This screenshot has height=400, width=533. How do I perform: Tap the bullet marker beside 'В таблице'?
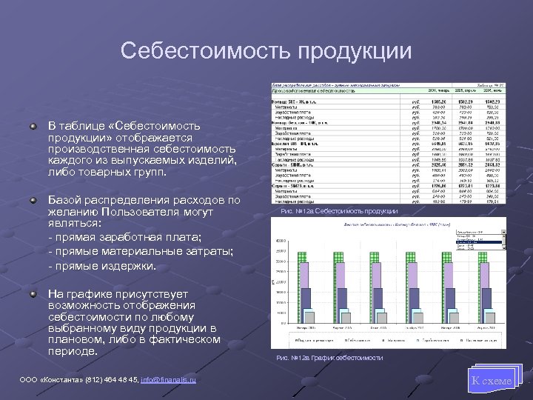[33, 127]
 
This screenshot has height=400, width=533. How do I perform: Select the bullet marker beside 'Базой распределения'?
[33, 199]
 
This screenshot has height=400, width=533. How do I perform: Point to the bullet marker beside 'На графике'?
[33, 294]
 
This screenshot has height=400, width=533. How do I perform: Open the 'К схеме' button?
[491, 381]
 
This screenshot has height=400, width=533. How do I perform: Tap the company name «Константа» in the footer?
[55, 381]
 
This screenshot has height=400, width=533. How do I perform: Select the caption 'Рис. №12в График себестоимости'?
[329, 358]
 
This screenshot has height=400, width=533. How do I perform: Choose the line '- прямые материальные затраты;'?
[140, 252]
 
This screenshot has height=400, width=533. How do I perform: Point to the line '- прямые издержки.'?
[101, 265]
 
